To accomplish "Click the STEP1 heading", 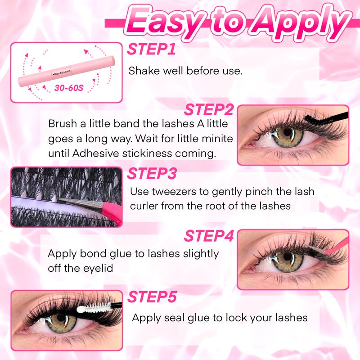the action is (x=152, y=49).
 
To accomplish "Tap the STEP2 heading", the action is (x=208, y=109).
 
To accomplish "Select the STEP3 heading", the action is (x=152, y=173).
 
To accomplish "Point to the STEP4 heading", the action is (x=209, y=235).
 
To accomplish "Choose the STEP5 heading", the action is (x=152, y=297).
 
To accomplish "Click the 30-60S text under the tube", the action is (x=69, y=88).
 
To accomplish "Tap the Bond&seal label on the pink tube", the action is (x=62, y=72).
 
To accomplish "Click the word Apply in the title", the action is (x=300, y=22).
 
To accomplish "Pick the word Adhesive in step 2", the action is (x=96, y=153).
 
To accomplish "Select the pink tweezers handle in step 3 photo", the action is (x=112, y=212).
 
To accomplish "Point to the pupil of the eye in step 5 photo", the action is (x=61, y=318).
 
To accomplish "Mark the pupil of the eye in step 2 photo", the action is (x=287, y=132).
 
